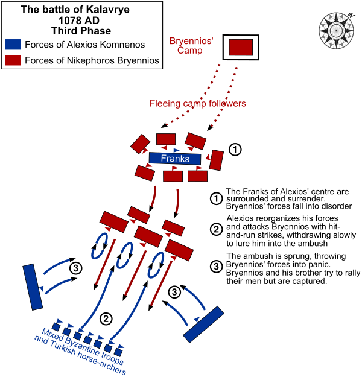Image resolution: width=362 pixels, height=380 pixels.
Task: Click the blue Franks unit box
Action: coord(175,159)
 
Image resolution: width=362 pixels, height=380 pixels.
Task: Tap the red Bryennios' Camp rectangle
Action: coord(241,48)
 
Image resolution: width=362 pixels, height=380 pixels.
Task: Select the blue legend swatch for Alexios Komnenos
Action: coord(13,45)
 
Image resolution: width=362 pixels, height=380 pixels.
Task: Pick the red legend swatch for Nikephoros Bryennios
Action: coord(13,60)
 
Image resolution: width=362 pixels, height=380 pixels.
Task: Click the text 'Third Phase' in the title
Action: coord(81,30)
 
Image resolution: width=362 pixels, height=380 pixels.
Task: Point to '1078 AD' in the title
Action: coord(81,20)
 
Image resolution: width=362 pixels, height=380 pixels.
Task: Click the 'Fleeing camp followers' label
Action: coord(198,104)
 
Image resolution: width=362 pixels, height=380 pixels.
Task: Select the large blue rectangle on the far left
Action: coord(33,287)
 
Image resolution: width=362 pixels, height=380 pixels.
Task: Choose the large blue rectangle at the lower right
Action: coord(203,325)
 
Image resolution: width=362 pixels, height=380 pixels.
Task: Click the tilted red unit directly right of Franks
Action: coord(217,160)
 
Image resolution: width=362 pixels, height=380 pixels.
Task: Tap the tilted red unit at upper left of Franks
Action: coord(141,144)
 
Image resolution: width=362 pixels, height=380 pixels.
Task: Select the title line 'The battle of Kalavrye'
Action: coord(81,10)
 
